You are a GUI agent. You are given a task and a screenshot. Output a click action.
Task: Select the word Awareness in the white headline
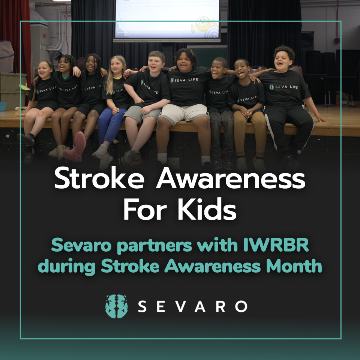pyautogui.click(x=231, y=180)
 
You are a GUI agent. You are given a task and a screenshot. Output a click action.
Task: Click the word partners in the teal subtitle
pyautogui.click(x=150, y=246)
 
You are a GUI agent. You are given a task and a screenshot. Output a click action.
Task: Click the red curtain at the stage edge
pyautogui.click(x=9, y=45)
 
